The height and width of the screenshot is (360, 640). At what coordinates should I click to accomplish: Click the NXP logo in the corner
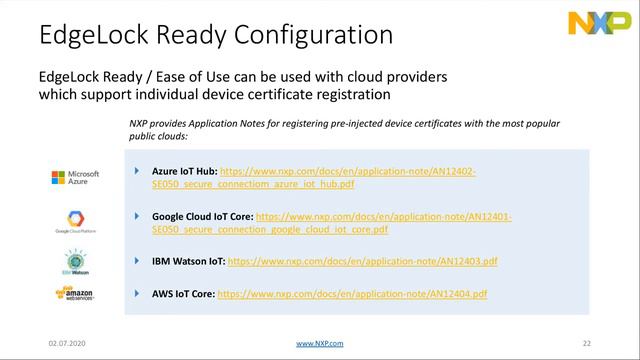click(x=596, y=23)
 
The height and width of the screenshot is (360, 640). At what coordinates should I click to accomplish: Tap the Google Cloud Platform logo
click(x=75, y=221)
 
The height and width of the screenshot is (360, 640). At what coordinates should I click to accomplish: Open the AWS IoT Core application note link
click(x=352, y=294)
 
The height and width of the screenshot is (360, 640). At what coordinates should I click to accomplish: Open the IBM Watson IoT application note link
click(x=363, y=261)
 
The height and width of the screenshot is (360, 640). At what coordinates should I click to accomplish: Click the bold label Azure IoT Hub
click(x=184, y=172)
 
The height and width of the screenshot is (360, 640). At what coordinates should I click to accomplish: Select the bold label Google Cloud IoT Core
click(x=203, y=216)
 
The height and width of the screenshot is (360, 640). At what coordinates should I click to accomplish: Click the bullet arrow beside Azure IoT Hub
click(x=137, y=172)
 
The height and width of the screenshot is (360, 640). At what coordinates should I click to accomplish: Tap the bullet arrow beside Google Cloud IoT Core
click(x=137, y=215)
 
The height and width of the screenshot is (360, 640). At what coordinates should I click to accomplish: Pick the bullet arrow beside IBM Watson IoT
click(x=137, y=260)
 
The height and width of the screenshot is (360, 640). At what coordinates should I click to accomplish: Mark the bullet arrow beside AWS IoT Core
click(x=137, y=293)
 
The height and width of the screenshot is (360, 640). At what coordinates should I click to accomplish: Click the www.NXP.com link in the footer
click(x=320, y=343)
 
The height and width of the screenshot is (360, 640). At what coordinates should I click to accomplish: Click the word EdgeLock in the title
click(x=84, y=35)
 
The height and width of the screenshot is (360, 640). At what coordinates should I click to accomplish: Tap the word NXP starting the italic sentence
click(x=139, y=123)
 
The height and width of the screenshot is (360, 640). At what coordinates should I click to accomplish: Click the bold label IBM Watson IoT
click(x=189, y=261)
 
